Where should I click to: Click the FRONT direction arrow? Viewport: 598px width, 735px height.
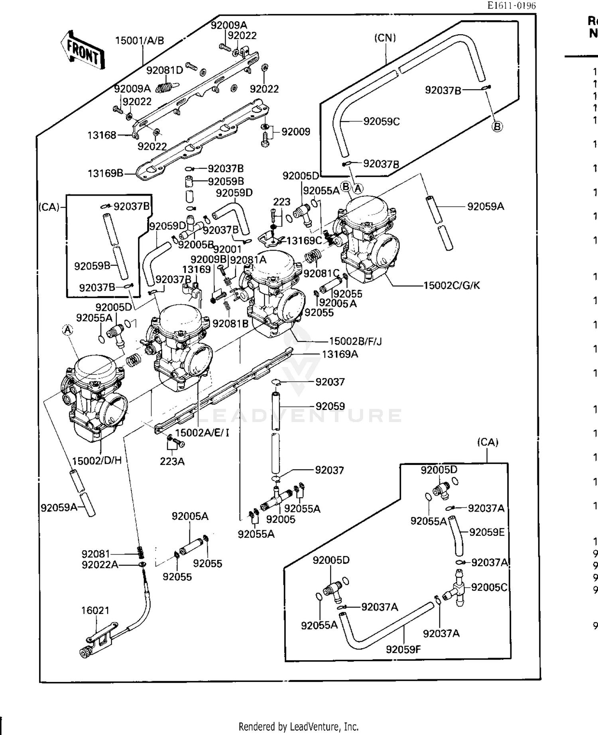[x=83, y=50]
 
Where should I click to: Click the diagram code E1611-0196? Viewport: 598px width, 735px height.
[x=511, y=6]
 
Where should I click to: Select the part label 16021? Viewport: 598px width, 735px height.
[x=95, y=610]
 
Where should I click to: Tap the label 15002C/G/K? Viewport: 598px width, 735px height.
[x=452, y=285]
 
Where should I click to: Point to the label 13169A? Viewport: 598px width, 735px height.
[x=340, y=354]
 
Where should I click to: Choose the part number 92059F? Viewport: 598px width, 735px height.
[x=403, y=649]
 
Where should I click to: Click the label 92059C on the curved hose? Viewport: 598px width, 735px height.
[x=381, y=122]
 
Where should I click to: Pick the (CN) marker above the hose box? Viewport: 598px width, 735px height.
[x=385, y=38]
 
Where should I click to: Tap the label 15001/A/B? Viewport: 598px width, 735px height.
[x=140, y=41]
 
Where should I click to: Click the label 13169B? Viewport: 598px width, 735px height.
[x=105, y=173]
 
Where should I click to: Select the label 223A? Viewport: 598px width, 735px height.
[x=172, y=461]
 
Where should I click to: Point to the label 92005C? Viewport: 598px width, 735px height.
[x=489, y=588]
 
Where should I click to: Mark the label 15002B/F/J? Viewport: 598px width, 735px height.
[x=355, y=341]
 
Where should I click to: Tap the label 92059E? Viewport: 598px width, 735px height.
[x=486, y=532]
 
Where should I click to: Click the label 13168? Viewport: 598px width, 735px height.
[x=102, y=135]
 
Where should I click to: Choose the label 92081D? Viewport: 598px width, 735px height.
[x=164, y=71]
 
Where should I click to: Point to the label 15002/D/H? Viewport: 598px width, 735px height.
[x=96, y=461]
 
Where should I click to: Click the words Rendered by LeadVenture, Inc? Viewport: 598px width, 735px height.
[x=298, y=726]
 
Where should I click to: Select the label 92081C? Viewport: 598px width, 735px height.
[x=321, y=273]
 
